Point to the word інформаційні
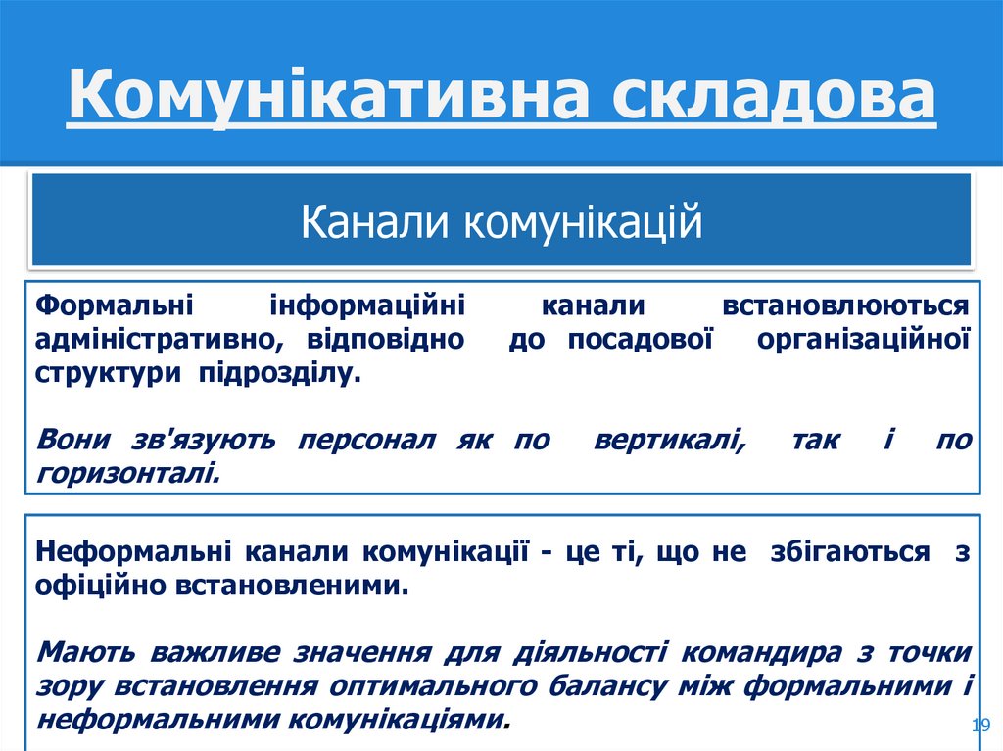pyautogui.click(x=367, y=305)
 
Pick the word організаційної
pyautogui.click(x=864, y=340)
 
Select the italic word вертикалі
pyautogui.click(x=669, y=440)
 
